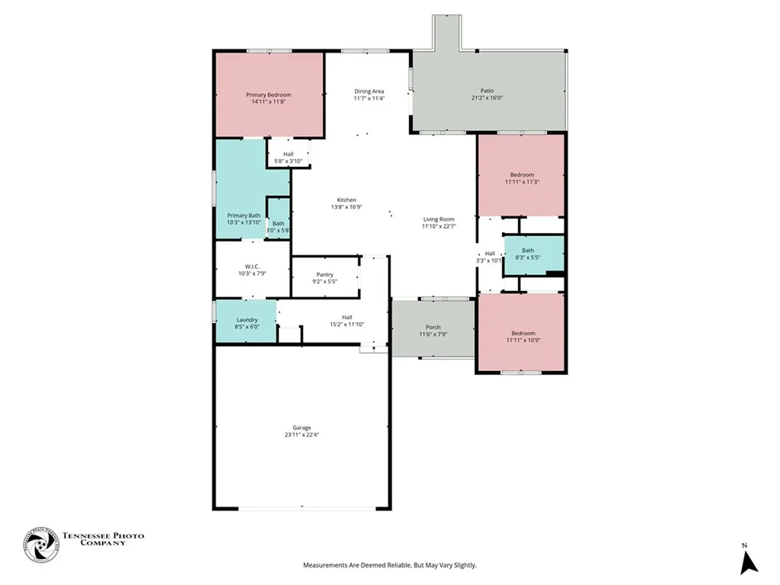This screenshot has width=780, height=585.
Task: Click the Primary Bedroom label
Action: click(x=269, y=94)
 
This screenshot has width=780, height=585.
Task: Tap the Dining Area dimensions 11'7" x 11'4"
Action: click(x=369, y=98)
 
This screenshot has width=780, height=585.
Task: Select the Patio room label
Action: click(x=487, y=91)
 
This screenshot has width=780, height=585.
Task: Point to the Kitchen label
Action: click(x=347, y=200)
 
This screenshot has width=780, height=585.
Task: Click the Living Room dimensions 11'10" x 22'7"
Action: click(x=439, y=225)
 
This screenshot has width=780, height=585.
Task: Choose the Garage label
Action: click(x=302, y=428)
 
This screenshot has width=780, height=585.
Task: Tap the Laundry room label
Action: click(x=248, y=320)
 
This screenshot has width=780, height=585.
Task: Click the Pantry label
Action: click(x=324, y=274)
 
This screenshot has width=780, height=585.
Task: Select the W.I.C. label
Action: click(x=252, y=267)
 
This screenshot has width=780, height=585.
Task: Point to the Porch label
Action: click(x=433, y=328)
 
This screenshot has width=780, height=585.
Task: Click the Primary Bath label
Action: click(x=244, y=216)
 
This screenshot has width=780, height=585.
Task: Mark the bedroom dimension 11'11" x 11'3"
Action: click(x=522, y=181)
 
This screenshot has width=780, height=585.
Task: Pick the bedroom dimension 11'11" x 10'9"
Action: click(x=523, y=340)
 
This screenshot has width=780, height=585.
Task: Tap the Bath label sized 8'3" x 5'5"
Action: click(x=528, y=251)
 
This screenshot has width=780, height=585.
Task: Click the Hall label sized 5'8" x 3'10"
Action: click(x=289, y=154)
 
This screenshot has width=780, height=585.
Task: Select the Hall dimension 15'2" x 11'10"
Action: click(x=347, y=324)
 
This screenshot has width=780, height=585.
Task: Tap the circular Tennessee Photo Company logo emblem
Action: click(x=41, y=545)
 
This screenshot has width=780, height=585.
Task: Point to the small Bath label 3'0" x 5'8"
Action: click(x=279, y=224)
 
